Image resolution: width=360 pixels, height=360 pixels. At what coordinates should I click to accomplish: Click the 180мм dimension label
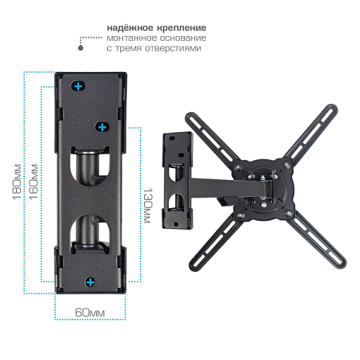pos(17,182)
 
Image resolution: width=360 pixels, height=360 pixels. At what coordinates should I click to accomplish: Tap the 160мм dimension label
pos(34,182)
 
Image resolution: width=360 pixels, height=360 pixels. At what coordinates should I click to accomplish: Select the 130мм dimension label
pos(147,206)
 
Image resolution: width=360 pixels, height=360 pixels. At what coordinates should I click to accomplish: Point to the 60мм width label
pos(90,313)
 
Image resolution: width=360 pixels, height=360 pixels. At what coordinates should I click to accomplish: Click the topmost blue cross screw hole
pos(78,86)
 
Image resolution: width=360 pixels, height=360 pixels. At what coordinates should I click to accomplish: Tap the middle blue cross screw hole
pos(102,127)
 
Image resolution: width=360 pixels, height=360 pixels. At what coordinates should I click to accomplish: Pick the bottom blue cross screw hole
pos(90,282)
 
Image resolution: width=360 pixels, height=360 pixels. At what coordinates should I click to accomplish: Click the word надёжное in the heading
pos(130,28)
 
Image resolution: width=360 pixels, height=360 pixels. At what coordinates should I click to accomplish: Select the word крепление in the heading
pos(182,28)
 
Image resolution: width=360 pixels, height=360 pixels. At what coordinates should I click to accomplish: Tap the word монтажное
pos(130,38)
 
